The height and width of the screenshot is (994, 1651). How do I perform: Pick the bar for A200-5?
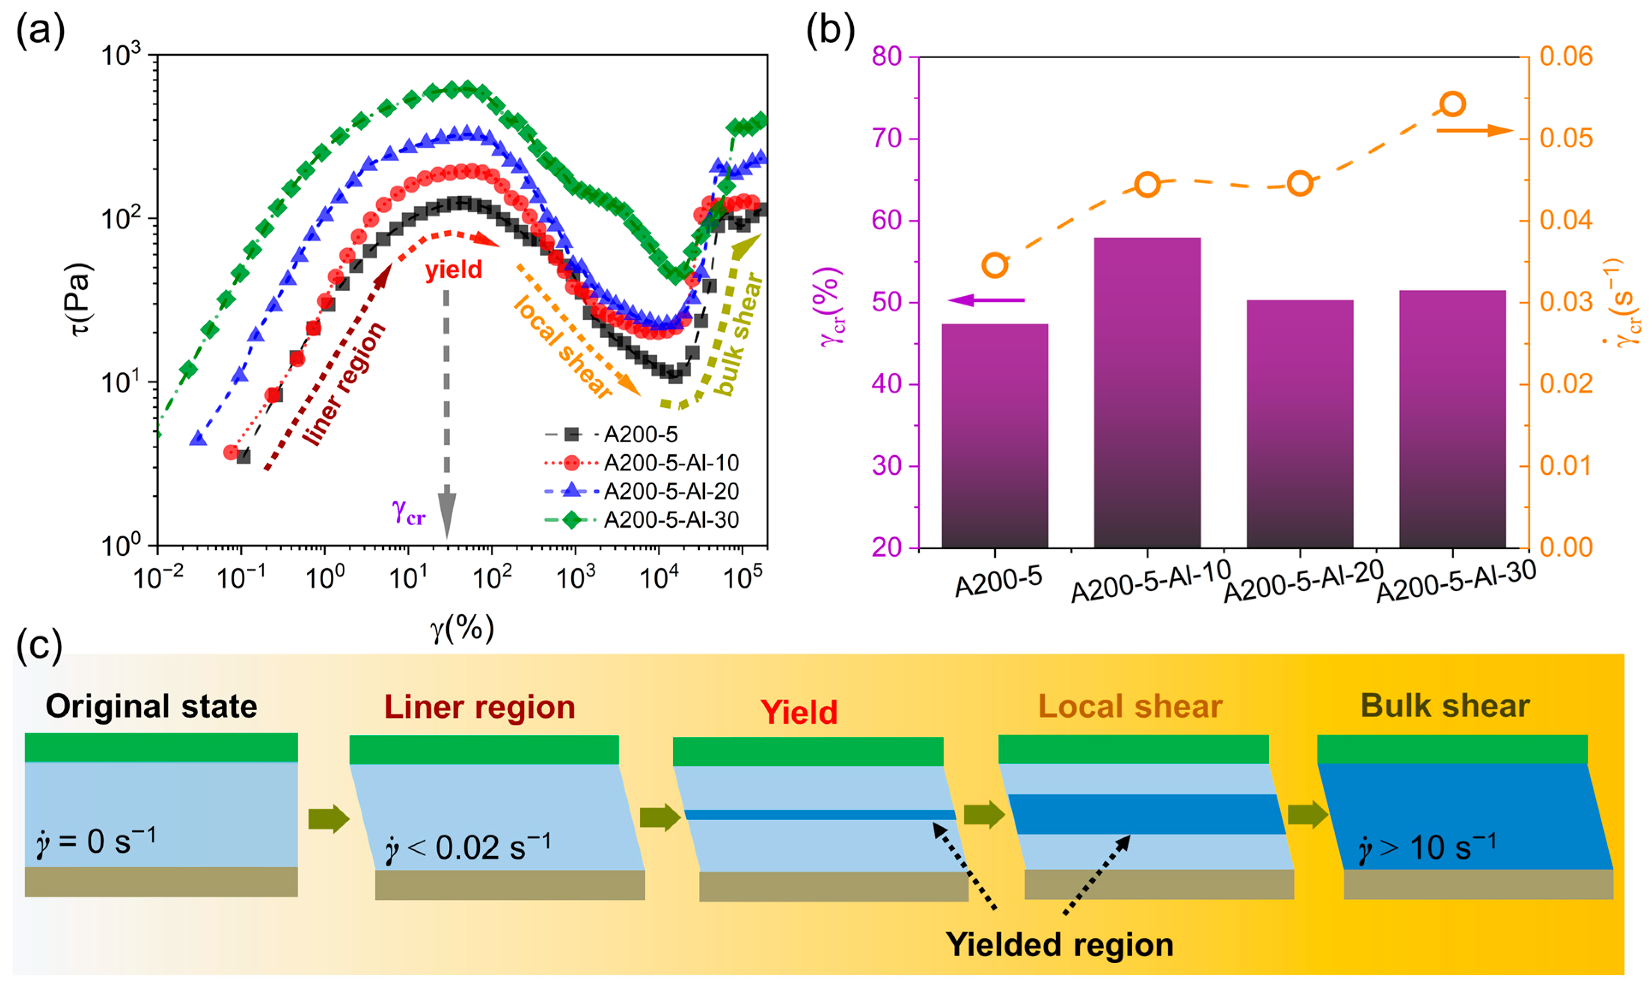994,435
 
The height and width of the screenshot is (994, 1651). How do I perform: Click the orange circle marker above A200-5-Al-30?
1452,104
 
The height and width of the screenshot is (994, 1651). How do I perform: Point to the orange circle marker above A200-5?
995,265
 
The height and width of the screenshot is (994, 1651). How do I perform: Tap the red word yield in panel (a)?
453,270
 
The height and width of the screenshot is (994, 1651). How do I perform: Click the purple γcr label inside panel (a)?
408,513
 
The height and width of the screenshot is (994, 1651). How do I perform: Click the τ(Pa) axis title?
80,299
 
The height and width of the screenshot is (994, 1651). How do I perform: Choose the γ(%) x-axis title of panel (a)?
462,628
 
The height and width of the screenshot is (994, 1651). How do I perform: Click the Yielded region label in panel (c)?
1059,944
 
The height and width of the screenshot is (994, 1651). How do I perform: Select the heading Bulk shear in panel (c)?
1445,706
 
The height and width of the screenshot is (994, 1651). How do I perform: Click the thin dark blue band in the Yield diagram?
820,815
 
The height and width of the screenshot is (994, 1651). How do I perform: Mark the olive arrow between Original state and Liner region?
329,818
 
